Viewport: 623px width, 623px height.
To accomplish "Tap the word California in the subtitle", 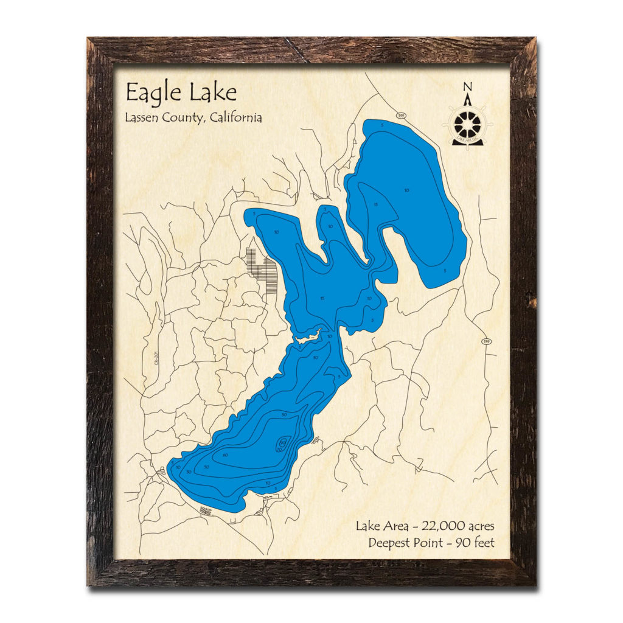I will (235, 117).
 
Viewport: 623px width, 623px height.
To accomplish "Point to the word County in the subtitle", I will (183, 118).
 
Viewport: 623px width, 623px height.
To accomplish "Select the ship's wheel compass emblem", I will (467, 125).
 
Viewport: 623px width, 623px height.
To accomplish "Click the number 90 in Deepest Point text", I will (455, 542).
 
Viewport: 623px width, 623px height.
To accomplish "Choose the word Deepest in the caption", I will (389, 542).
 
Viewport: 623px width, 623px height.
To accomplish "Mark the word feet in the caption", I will (482, 542).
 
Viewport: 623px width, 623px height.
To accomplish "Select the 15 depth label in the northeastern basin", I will (376, 204).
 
